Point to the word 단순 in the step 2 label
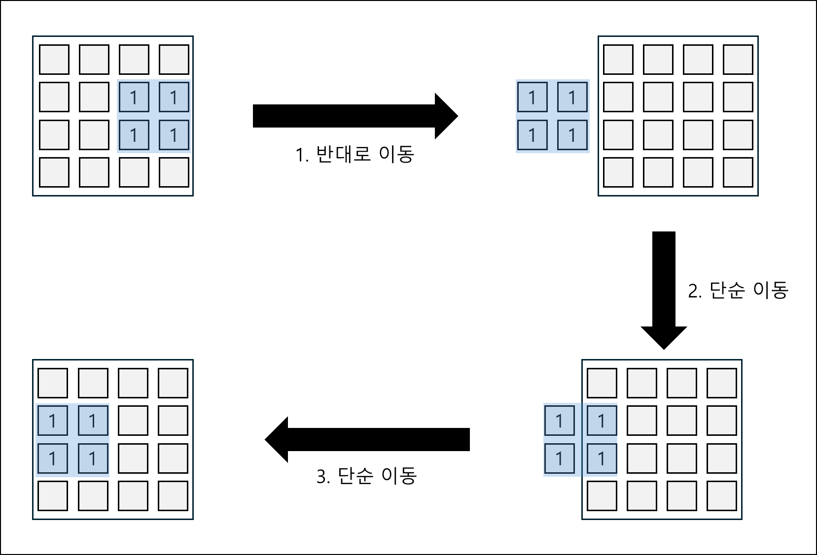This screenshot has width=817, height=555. point(727,291)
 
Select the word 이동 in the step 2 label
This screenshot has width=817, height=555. point(771,291)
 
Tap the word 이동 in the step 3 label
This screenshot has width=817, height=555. point(399,476)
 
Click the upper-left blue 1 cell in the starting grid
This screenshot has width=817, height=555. point(134,98)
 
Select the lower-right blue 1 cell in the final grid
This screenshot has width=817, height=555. point(93,458)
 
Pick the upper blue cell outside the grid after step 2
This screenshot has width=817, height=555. point(559,421)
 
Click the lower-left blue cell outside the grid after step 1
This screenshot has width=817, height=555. point(532,135)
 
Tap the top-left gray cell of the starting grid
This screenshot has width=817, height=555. point(54,60)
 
